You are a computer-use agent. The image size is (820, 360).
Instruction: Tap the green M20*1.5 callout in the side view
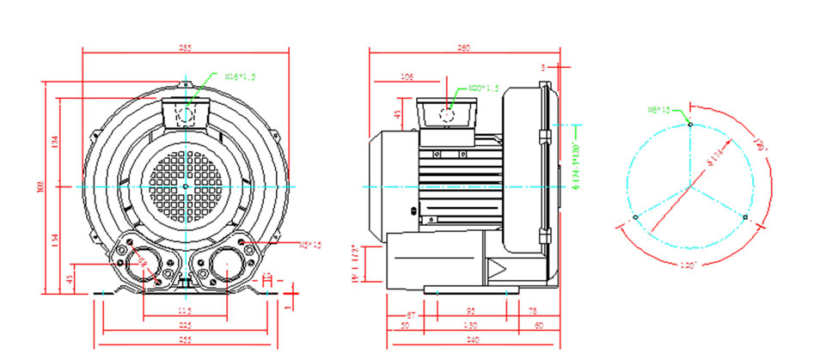[x=484, y=88]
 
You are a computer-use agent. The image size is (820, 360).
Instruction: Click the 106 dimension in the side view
[x=408, y=77]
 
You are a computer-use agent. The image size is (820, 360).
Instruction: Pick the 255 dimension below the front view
[x=186, y=341]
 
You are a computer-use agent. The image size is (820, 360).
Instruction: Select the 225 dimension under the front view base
[x=186, y=326]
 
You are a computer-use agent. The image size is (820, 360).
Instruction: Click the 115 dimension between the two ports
[x=186, y=310]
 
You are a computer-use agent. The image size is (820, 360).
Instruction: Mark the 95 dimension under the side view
[x=471, y=312]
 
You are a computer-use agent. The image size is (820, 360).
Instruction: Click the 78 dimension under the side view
[x=534, y=312]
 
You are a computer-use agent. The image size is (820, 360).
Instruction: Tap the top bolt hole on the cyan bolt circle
[x=690, y=124]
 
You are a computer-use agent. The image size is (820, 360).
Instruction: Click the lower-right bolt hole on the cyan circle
[x=744, y=217]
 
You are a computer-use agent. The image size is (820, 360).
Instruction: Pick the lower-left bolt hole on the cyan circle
[x=635, y=217]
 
